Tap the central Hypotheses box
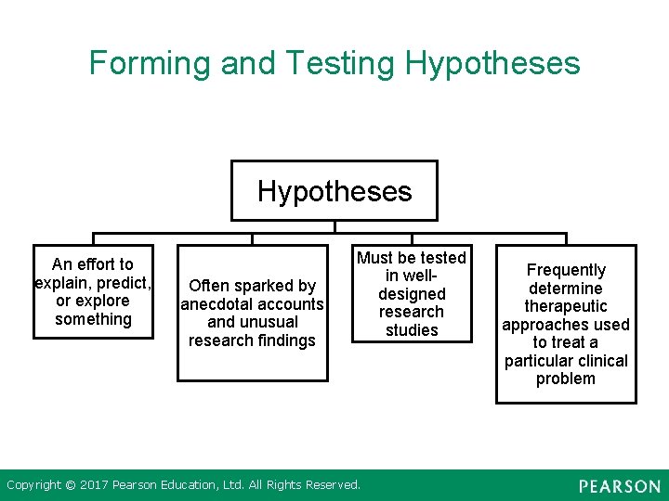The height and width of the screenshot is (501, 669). [x=334, y=191]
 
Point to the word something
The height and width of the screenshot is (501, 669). [x=93, y=319]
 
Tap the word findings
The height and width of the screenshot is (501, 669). [x=284, y=340]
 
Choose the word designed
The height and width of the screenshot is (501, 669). [x=412, y=294]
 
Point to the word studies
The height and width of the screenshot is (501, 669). [x=412, y=330]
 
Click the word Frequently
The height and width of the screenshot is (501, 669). [x=566, y=270]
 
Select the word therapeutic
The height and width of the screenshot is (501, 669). [x=566, y=306]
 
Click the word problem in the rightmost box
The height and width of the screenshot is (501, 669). [x=566, y=379]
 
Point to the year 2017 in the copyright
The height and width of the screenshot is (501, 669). [x=94, y=484]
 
